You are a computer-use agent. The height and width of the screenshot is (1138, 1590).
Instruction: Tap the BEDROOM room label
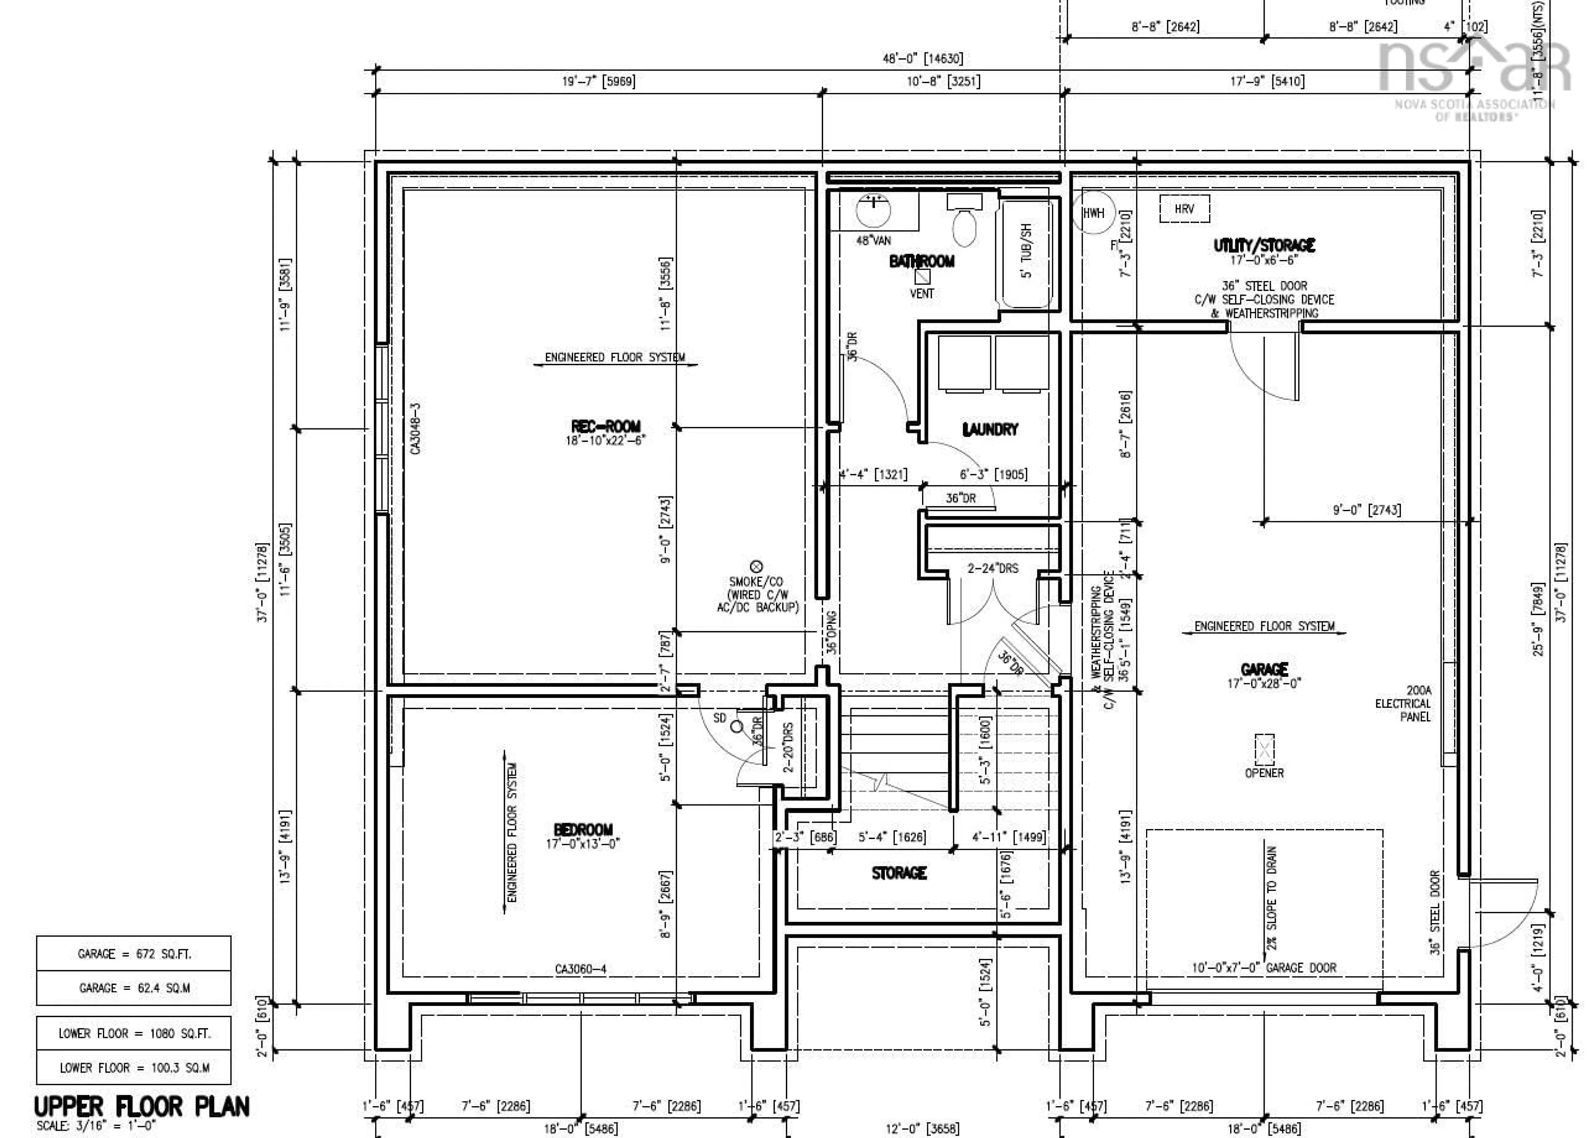pos(583,830)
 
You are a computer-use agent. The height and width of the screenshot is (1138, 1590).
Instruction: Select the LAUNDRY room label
pos(990,430)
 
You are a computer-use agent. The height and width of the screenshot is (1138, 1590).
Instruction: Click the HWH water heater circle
pos(1093,213)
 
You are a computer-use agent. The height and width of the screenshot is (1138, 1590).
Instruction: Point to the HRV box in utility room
pos(1184,209)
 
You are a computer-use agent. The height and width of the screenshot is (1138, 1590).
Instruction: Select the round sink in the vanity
pos(873,208)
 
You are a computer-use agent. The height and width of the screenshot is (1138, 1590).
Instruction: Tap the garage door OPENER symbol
pos(1264,750)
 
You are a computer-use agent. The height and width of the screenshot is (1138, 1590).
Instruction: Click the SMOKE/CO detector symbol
pos(756,566)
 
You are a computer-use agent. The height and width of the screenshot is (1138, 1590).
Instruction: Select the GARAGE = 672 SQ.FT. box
pos(134,954)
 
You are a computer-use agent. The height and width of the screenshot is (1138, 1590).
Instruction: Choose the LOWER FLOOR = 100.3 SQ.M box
pos(134,1068)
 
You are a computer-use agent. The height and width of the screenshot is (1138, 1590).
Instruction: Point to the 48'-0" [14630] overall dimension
pos(922,59)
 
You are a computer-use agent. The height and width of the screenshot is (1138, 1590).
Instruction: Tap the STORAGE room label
pos(899,873)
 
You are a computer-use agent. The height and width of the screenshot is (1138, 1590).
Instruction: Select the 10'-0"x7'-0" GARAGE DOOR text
pos(1264,968)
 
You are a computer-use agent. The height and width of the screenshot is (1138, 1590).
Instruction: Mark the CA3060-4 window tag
pos(580,969)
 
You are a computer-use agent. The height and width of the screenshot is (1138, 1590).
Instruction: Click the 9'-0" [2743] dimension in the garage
pos(1366,510)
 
